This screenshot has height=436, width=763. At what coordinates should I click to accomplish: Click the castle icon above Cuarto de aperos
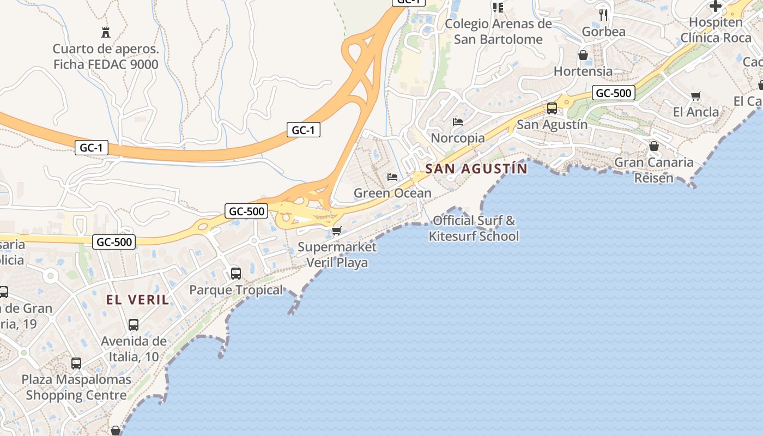[x=106, y=32]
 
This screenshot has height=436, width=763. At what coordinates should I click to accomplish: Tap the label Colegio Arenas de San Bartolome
[x=498, y=32]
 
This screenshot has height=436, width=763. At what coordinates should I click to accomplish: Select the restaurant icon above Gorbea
[x=603, y=15]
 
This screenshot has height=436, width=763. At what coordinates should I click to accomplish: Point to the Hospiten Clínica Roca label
[x=716, y=30]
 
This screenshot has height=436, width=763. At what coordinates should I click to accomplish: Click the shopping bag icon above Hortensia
[x=583, y=55]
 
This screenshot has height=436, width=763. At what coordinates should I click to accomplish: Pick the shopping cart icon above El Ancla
[x=695, y=96]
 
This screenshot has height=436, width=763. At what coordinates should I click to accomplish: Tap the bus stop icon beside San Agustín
[x=552, y=108]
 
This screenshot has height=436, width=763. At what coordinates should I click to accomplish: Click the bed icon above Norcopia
[x=458, y=122]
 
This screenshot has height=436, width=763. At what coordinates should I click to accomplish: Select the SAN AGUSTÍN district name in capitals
[x=476, y=168]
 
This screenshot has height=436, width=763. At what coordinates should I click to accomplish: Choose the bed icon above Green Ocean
[x=392, y=177]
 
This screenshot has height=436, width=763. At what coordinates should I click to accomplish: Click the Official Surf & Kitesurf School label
[x=474, y=228]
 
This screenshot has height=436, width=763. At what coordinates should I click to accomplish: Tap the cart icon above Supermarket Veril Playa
[x=337, y=231]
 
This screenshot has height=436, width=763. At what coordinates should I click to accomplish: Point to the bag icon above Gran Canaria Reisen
[x=654, y=146]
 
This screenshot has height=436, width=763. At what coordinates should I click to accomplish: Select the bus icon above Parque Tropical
[x=236, y=273]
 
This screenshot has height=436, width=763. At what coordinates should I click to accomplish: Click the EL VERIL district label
[x=137, y=299]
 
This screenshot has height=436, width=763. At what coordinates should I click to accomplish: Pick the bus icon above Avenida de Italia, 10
[x=134, y=325]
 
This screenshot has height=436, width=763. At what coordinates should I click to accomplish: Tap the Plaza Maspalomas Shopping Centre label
[x=76, y=387]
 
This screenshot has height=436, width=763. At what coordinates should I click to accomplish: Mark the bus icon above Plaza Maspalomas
[x=76, y=363]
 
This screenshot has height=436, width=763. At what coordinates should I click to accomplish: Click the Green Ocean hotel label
[x=392, y=193]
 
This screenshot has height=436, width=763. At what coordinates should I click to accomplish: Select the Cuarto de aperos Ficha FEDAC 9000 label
[x=106, y=57]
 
